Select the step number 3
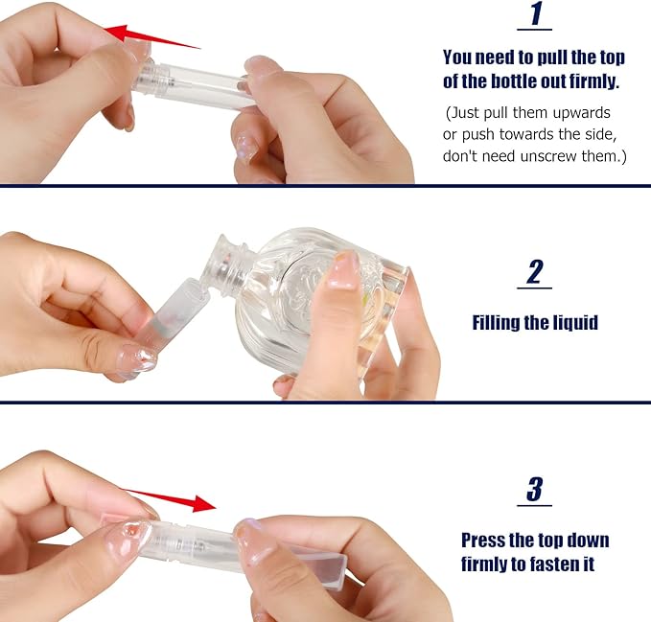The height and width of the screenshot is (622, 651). [535, 490]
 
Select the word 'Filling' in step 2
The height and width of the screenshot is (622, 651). [499, 322]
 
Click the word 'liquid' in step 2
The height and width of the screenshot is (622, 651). [571, 322]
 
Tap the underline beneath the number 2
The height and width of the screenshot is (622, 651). [535, 288]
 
